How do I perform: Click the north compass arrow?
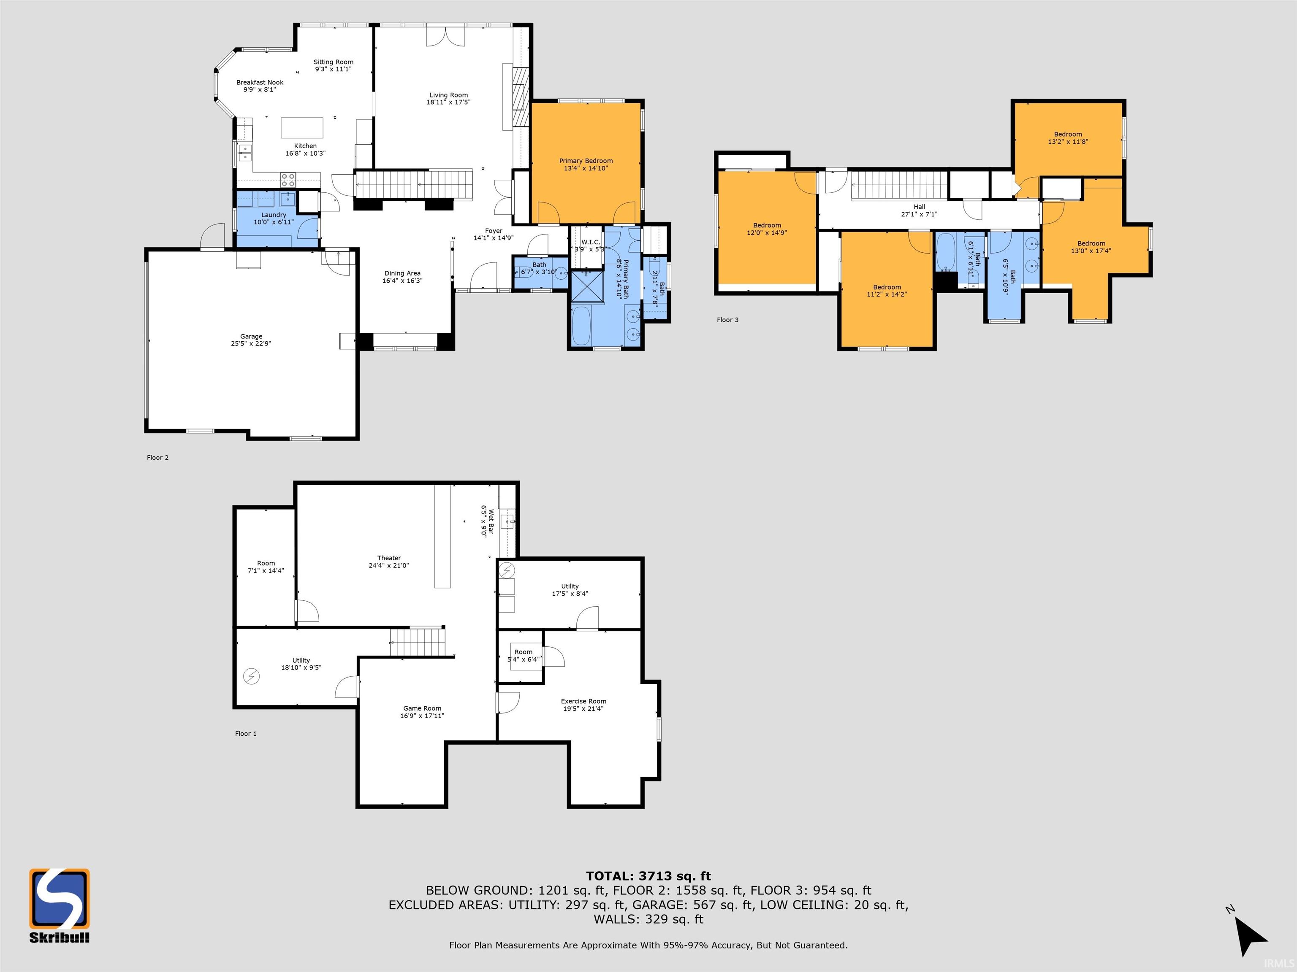pyautogui.click(x=1250, y=934)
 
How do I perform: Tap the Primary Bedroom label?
pyautogui.click(x=586, y=161)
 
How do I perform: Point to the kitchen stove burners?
pyautogui.click(x=288, y=179)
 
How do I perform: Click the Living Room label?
pyautogui.click(x=448, y=95)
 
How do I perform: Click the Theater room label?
pyautogui.click(x=389, y=558)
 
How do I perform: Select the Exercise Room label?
pyautogui.click(x=583, y=701)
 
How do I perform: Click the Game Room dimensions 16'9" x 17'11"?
pyautogui.click(x=422, y=715)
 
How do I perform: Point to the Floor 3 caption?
pyautogui.click(x=727, y=320)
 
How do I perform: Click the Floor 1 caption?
pyautogui.click(x=246, y=734)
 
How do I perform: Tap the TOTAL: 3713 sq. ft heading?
pyautogui.click(x=648, y=876)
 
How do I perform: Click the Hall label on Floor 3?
pyautogui.click(x=920, y=207)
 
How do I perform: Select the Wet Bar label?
pyautogui.click(x=491, y=521)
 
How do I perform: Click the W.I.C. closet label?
pyautogui.click(x=591, y=242)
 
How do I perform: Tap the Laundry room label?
pyautogui.click(x=274, y=215)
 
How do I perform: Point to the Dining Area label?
pyautogui.click(x=402, y=273)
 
